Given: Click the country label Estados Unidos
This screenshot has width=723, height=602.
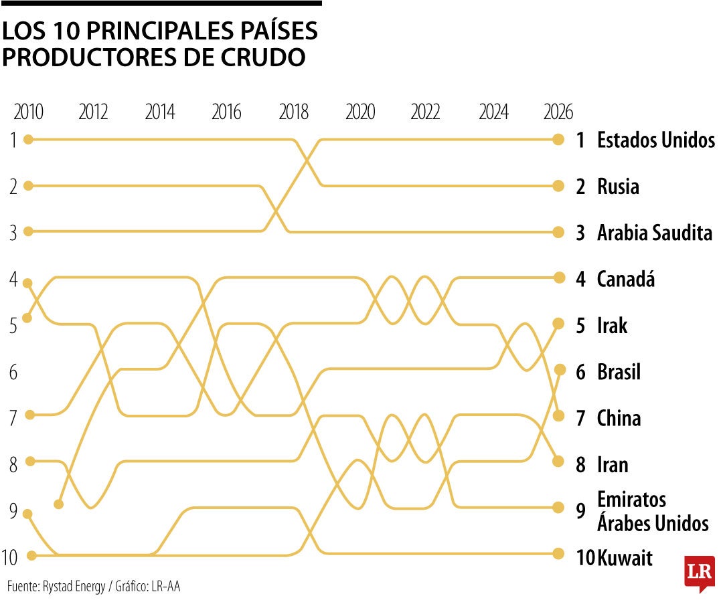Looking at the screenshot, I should [655, 140].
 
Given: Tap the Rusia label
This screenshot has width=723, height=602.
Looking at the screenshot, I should [618, 187].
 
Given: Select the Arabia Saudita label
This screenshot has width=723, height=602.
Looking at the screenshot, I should [654, 233].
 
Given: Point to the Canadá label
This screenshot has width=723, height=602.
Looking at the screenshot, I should [625, 279].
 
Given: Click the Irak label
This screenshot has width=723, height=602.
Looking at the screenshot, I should [612, 326].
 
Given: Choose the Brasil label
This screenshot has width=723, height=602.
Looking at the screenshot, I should [619, 372].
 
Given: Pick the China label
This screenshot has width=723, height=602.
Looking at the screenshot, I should [619, 419].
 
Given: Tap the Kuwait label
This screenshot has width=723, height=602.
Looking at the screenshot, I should [625, 558].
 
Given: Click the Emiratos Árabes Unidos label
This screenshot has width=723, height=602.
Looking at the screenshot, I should [652, 511].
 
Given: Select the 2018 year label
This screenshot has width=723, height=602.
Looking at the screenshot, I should [293, 112].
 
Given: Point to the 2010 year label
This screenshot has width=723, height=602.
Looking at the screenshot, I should [28, 112].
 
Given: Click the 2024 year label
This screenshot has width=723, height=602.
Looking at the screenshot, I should [493, 112].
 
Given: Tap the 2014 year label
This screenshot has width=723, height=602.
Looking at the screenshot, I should [160, 112].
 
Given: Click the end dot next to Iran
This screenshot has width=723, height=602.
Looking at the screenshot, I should [558, 462].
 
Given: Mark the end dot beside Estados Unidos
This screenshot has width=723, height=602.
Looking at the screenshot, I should [558, 139].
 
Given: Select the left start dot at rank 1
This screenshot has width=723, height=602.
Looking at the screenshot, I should [28, 139].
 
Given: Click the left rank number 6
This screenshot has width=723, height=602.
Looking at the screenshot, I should [13, 373].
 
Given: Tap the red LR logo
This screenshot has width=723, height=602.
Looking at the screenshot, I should [699, 573].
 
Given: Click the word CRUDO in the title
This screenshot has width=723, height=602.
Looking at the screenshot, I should [262, 58].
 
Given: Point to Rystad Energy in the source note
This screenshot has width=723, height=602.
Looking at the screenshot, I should [74, 587].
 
